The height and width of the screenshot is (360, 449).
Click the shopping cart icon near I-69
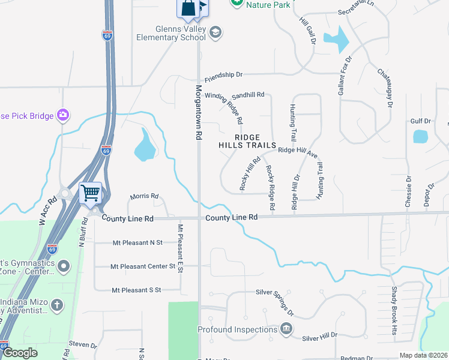tap(90, 193)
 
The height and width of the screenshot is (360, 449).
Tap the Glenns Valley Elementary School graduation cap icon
tap(215, 31)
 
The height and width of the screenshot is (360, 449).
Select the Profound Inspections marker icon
tap(286, 329)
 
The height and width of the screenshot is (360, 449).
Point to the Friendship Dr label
tap(223, 76)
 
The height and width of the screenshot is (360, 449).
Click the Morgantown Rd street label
tap(199, 112)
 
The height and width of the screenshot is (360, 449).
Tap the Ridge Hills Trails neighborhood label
tap(247, 142)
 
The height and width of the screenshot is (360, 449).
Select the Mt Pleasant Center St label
tap(143, 266)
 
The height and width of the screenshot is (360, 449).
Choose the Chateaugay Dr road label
tap(384, 88)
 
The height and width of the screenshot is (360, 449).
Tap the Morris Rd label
tap(144, 196)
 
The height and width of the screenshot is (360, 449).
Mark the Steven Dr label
tap(83, 345)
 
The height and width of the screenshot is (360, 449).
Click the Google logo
tap(20, 353)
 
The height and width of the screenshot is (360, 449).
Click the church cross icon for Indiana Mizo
tap(57, 305)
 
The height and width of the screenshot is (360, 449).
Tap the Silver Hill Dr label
tap(320, 337)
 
